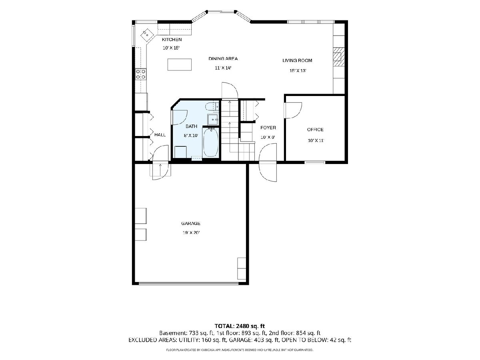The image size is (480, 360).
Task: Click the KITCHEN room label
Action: [x=172, y=40]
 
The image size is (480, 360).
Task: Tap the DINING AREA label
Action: [x=223, y=58]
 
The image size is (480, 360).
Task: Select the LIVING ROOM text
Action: [x=297, y=60]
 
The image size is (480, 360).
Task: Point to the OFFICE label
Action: [x=315, y=130]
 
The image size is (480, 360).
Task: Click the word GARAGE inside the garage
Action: [x=191, y=223]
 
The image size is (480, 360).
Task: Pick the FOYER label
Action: [x=268, y=128]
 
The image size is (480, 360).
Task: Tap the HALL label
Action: [x=160, y=135]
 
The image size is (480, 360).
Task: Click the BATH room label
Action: [x=191, y=126]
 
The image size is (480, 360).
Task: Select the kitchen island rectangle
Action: [x=180, y=64]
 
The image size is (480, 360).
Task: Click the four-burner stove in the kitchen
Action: [x=141, y=74]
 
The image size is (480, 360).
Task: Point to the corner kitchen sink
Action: [x=147, y=35]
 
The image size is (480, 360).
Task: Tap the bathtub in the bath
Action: [x=210, y=142]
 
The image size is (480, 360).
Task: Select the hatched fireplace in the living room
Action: [x=339, y=57]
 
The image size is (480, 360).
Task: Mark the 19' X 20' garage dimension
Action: [x=191, y=233]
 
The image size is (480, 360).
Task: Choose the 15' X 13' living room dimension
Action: [x=298, y=71]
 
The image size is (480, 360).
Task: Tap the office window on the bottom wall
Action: [x=315, y=162]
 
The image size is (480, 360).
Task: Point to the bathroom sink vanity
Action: [x=213, y=120]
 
